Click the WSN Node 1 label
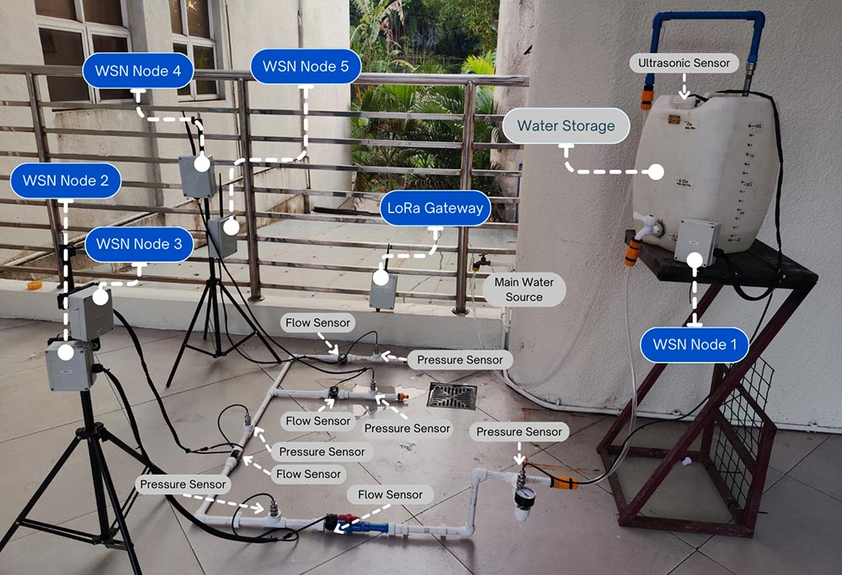point(694,344)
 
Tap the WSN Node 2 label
point(66,181)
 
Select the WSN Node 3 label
point(139,244)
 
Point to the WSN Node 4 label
point(138,72)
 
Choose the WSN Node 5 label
point(306,66)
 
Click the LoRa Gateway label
point(434,209)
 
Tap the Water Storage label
point(566,126)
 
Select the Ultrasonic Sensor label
point(684,63)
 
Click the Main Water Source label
point(524,290)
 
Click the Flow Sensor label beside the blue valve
point(390,494)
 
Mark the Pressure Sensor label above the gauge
point(519,432)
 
